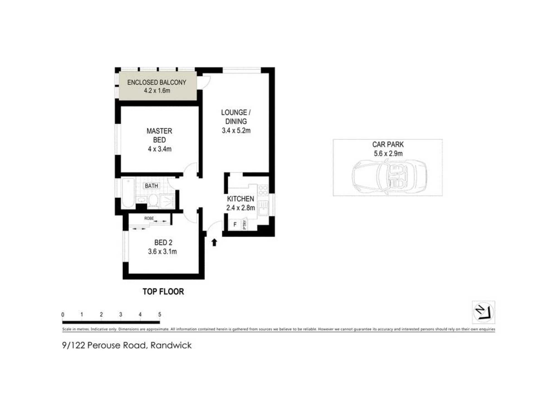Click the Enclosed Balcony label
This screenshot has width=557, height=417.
pyautogui.click(x=157, y=82)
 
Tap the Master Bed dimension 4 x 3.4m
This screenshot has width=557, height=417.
pyautogui.click(x=160, y=149)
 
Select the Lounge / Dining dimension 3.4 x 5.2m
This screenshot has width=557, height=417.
pyautogui.click(x=236, y=131)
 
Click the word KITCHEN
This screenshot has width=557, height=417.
pyautogui.click(x=240, y=199)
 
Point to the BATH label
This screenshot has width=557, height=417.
pyautogui.click(x=151, y=186)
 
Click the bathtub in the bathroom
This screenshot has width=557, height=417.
pyautogui.click(x=128, y=193)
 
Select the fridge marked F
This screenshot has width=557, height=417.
pyautogui.click(x=235, y=225)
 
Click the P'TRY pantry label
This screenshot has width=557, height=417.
pyautogui.click(x=245, y=224)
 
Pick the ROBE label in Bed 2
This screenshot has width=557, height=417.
pyautogui.click(x=149, y=218)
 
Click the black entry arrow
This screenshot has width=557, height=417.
pyautogui.click(x=214, y=242)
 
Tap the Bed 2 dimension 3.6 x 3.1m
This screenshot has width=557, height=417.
pyautogui.click(x=162, y=252)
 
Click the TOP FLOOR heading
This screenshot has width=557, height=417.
pyautogui.click(x=163, y=292)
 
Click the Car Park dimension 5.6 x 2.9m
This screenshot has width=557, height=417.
pyautogui.click(x=388, y=153)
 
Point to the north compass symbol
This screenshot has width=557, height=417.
pyautogui.click(x=483, y=312)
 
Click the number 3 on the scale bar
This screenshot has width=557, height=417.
pyautogui.click(x=121, y=314)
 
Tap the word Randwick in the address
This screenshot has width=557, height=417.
pyautogui.click(x=171, y=345)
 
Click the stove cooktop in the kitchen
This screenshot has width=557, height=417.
pyautogui.click(x=263, y=190)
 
